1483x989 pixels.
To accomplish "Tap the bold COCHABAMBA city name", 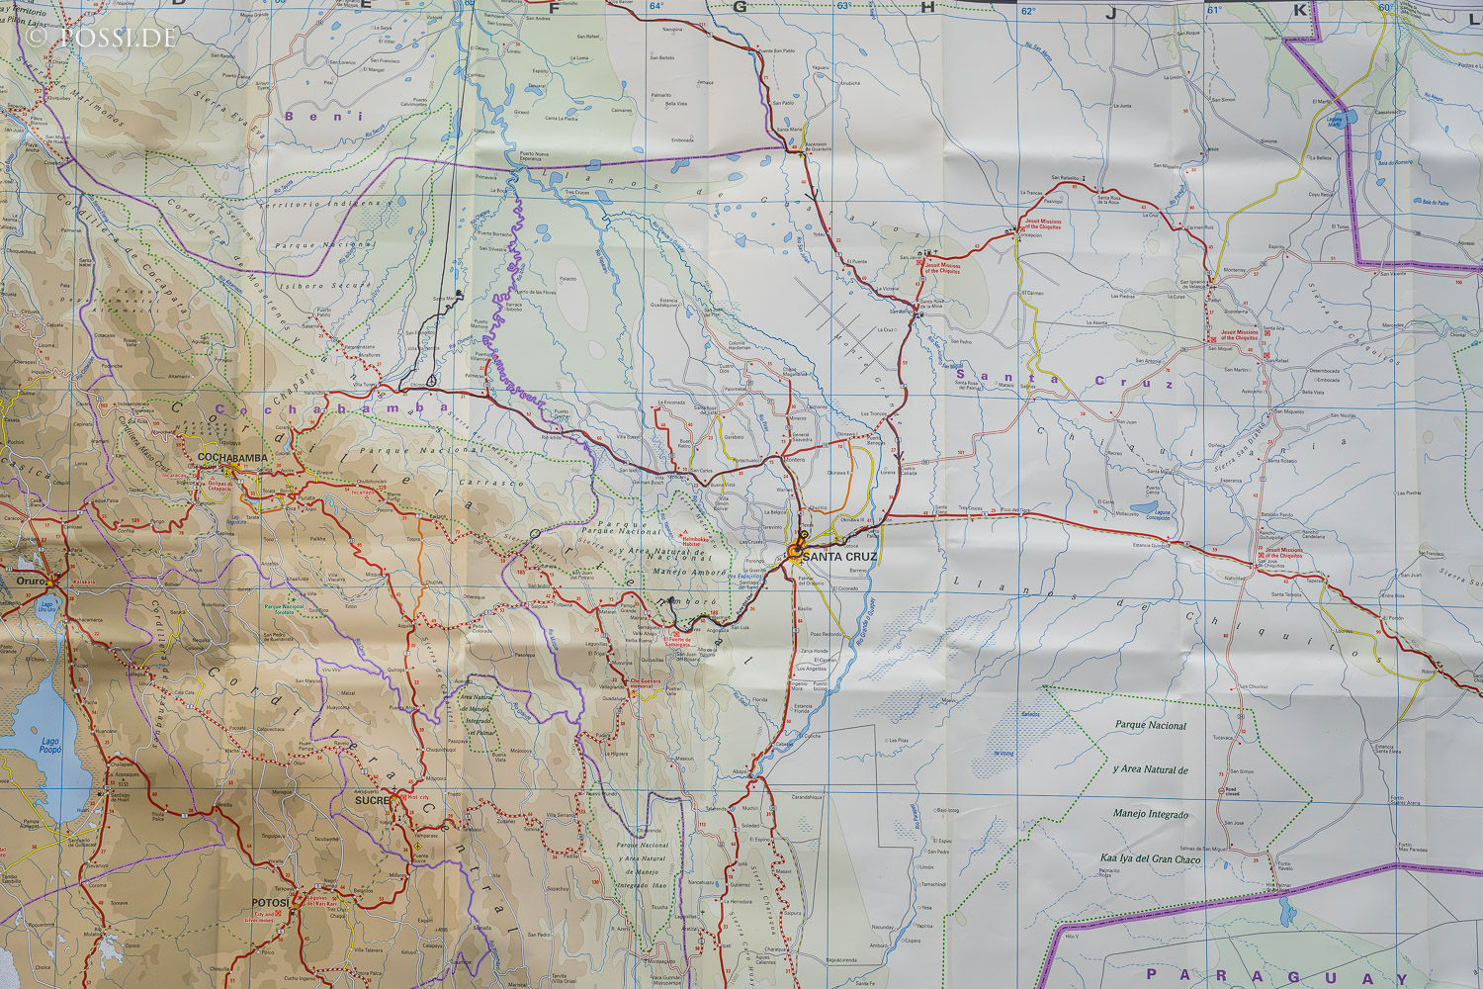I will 233,458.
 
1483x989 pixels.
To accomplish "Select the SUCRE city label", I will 373,800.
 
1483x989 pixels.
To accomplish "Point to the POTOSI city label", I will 270,903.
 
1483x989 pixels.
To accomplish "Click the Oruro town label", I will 31,582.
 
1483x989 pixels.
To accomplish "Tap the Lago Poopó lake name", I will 49,746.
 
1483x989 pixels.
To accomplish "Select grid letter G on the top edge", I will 740,7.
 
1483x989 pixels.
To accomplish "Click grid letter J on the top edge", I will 1110,13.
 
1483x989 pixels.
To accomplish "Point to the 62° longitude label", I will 1029,11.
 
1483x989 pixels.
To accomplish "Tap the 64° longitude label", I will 656,7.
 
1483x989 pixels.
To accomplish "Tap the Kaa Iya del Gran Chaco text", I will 1151,859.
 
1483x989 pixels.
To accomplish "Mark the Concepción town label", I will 1029,235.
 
